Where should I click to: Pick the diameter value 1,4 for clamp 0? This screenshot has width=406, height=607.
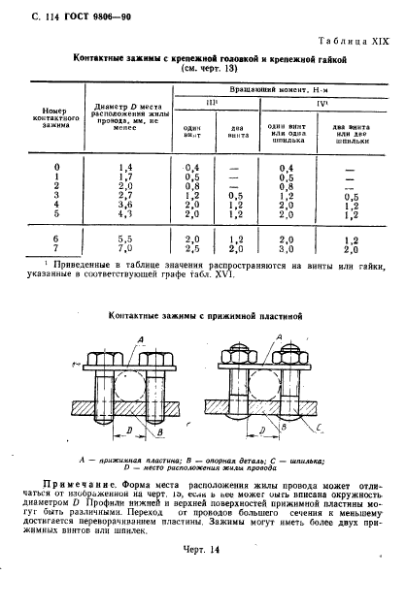[x=123, y=169]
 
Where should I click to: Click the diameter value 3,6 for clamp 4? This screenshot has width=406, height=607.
[x=123, y=205]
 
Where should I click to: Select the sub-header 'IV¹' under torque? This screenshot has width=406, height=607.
[x=321, y=103]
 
